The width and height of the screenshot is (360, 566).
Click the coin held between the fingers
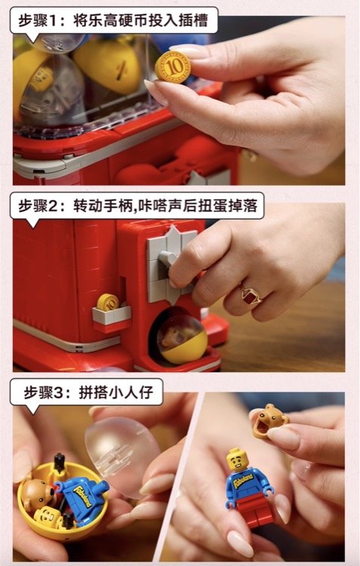[x=173, y=67]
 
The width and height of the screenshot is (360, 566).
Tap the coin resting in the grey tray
[x=108, y=302]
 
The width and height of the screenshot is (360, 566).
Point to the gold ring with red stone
[x=251, y=297]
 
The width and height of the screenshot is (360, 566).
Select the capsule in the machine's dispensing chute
[x=183, y=339]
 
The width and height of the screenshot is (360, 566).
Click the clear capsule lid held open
[x=120, y=456]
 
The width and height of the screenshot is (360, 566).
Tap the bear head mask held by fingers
[x=269, y=421]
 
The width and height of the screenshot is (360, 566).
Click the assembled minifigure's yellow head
[x=238, y=460]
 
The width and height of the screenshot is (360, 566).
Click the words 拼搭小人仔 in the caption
[x=116, y=392]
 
